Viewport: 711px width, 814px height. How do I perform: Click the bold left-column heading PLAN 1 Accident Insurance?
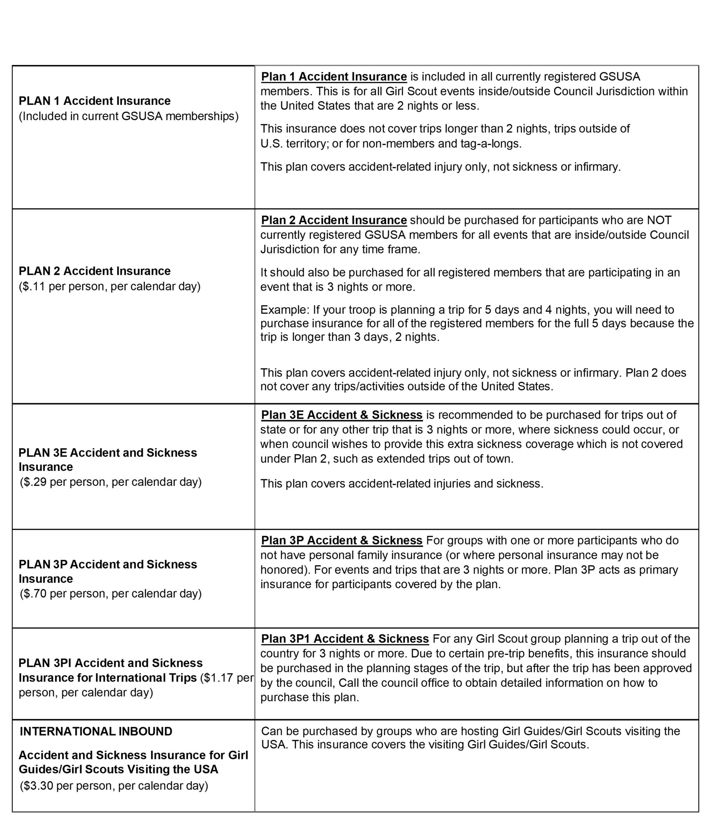94,101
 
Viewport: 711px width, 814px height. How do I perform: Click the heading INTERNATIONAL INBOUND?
96,731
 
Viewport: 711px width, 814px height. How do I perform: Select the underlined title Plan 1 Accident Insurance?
334,77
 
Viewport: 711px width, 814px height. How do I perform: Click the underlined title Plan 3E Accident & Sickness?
341,415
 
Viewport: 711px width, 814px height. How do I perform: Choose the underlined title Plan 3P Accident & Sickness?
341,540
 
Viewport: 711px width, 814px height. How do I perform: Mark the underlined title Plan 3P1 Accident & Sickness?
345,639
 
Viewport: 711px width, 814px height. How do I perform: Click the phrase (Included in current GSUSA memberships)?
128,116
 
